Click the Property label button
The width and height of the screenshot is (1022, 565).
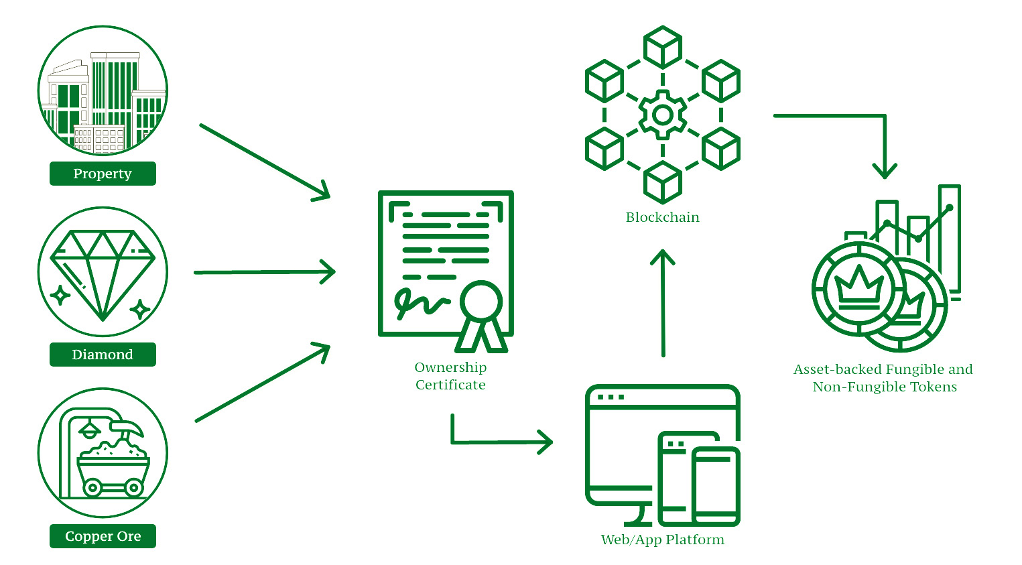coord(103,174)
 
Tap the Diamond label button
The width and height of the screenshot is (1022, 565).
coord(103,355)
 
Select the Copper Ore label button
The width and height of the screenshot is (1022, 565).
coord(103,536)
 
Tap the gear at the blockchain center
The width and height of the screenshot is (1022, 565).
coord(662,115)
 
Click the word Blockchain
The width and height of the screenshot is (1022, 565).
coord(662,217)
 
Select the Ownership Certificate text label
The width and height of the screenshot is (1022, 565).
coord(450,376)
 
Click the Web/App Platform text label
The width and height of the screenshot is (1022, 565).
coord(662,540)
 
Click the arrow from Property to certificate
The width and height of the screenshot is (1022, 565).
coord(265,162)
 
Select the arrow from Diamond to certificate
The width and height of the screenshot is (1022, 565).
coord(264,272)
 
